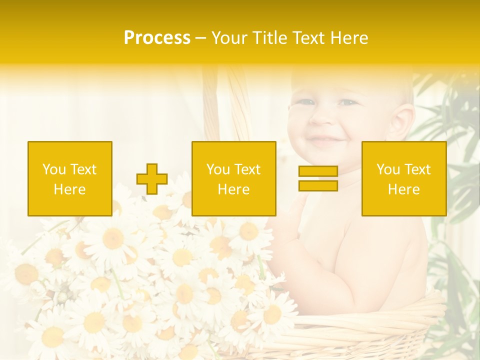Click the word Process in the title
pyautogui.click(x=157, y=38)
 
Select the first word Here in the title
pyautogui.click(x=348, y=38)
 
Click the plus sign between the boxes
pyautogui.click(x=152, y=179)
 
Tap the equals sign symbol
pyautogui.click(x=318, y=179)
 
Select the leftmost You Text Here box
pyautogui.click(x=69, y=179)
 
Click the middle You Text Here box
pyautogui.click(x=233, y=179)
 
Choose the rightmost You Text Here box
pyautogui.click(x=403, y=179)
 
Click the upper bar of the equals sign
pyautogui.click(x=318, y=171)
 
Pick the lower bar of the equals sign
pyautogui.click(x=318, y=186)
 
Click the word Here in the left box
pyautogui.click(x=69, y=189)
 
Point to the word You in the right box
pyautogui.click(x=388, y=169)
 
